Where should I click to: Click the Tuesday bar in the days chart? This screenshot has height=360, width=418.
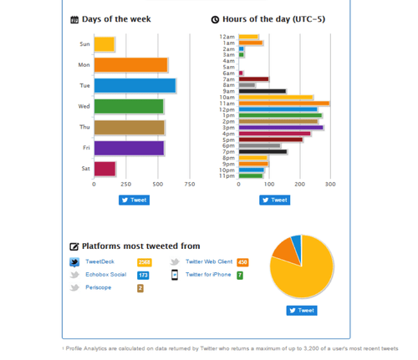tap(135, 85)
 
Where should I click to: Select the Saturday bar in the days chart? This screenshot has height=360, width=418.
tap(104, 169)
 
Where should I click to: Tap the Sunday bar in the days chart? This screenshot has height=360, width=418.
tap(104, 44)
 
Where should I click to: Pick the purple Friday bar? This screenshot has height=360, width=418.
tap(129, 148)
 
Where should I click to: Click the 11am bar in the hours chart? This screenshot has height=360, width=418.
tap(283, 103)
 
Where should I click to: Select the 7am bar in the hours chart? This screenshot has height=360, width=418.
tap(253, 79)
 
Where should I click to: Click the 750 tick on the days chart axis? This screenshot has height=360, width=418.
tap(189, 185)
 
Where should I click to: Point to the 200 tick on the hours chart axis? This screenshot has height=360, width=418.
tap(299, 185)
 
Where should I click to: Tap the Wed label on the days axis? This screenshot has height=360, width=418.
tap(84, 107)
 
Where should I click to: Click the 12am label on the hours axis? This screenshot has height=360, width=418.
tap(227, 37)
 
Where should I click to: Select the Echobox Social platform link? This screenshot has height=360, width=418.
tap(105, 275)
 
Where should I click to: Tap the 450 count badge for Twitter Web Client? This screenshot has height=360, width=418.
tap(242, 262)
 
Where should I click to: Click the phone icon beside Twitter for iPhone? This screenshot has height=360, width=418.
tap(175, 275)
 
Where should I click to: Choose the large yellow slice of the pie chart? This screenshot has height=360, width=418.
tap(306, 276)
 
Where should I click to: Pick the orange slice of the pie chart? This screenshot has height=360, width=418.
tap(284, 250)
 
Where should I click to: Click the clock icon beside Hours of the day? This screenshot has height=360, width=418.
tap(215, 19)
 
